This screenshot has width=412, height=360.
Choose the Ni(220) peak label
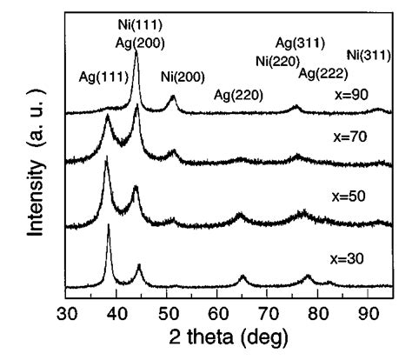[277, 60]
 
